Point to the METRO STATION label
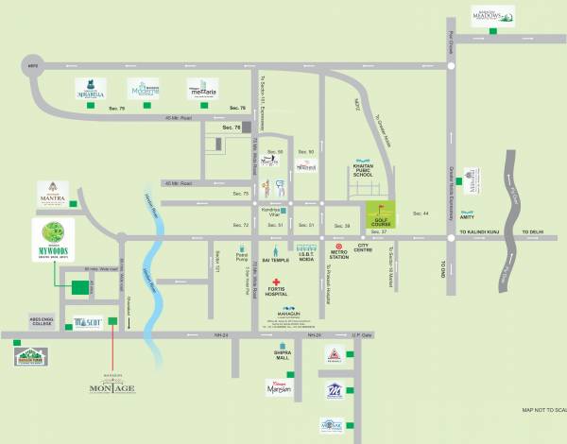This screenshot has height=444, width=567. (x=339, y=255)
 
